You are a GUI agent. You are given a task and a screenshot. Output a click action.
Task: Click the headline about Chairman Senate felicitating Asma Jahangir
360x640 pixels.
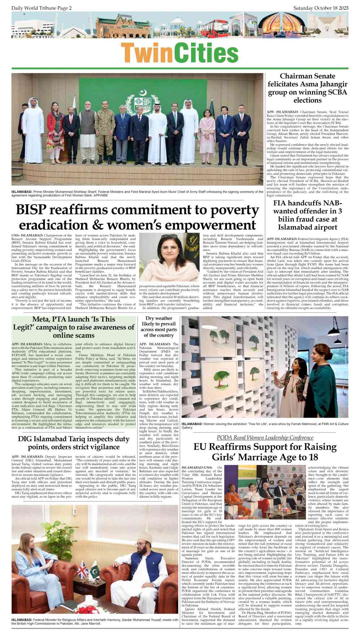click(x=307, y=88)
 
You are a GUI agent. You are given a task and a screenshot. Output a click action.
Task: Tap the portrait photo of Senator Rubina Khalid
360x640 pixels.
click(x=169, y=258)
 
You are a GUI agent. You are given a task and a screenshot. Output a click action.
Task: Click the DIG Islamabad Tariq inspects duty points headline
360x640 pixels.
click(x=74, y=443)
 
